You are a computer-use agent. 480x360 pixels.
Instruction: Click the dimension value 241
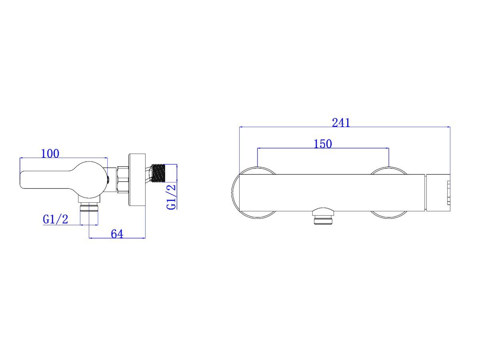point(341,123)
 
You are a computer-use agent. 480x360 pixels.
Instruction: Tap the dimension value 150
point(322,144)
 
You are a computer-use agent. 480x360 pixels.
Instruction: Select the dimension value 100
point(50,154)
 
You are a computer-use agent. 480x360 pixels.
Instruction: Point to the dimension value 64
point(117,234)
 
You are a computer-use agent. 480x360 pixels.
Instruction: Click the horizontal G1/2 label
point(56,219)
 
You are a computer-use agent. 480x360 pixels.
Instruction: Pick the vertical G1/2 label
point(171,197)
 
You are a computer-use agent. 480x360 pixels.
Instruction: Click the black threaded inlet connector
point(158,173)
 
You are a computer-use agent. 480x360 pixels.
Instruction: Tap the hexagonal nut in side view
point(123,180)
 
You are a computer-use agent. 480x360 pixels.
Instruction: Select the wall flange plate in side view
point(137,180)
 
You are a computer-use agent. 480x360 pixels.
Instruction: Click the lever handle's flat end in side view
point(24,180)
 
